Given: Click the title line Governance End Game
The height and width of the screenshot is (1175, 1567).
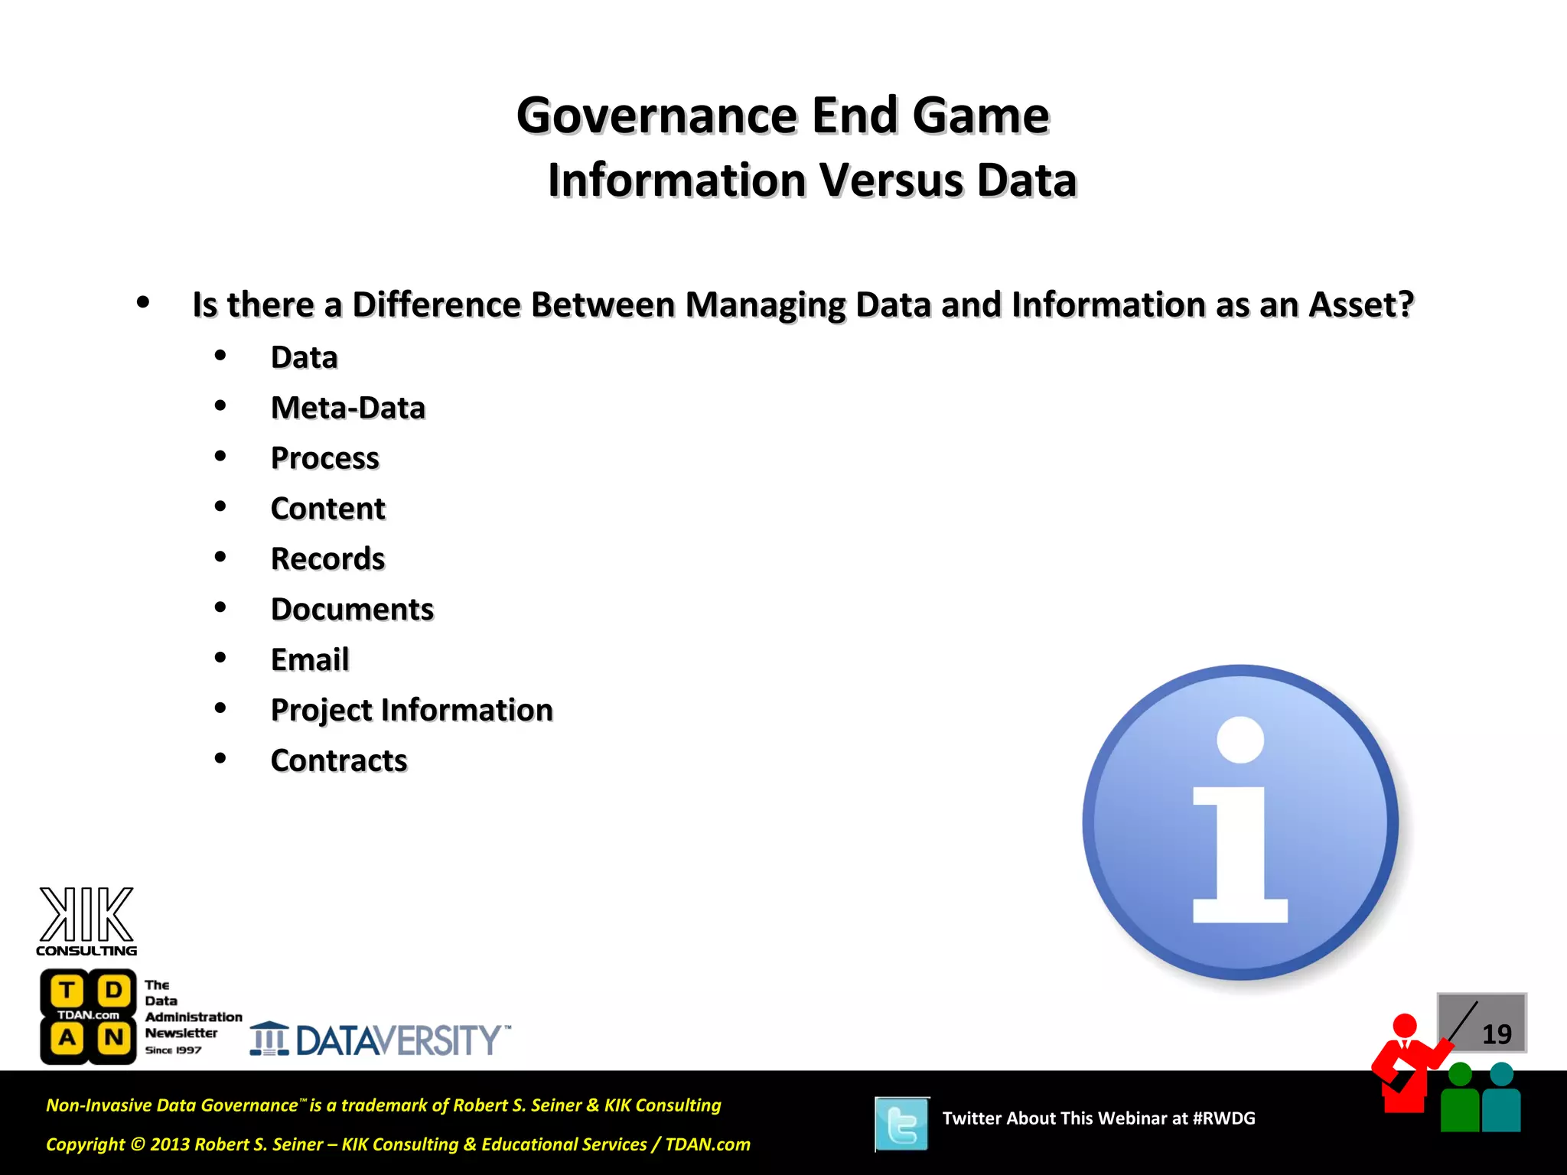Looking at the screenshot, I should click(782, 116).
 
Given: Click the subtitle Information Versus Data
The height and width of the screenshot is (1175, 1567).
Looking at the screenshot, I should click(812, 181).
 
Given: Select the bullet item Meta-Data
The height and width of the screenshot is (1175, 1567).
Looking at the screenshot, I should click(347, 408).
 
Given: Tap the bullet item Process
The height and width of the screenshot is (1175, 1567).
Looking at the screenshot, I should click(324, 458).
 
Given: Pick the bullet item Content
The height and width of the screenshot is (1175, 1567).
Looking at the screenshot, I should click(327, 509).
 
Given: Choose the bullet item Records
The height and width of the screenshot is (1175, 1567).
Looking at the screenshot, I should click(327, 559).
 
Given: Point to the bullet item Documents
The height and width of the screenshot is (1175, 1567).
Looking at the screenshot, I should click(352, 610).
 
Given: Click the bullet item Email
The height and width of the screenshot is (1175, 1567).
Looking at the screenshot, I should click(310, 659).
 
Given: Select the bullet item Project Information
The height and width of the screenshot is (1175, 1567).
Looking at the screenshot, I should click(412, 710).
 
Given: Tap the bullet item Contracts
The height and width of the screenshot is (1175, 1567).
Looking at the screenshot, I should click(339, 760).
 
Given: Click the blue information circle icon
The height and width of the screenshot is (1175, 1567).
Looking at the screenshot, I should click(1240, 822).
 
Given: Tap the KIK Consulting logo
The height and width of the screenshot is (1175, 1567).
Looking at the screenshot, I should click(86, 921).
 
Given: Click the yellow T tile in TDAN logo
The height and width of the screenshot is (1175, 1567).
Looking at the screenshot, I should click(67, 991).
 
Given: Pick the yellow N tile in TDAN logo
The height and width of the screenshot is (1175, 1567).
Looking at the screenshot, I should click(114, 1038).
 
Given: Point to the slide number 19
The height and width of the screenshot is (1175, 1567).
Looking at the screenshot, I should click(1496, 1034).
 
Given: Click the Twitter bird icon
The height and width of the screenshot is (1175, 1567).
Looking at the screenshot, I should click(902, 1124).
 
